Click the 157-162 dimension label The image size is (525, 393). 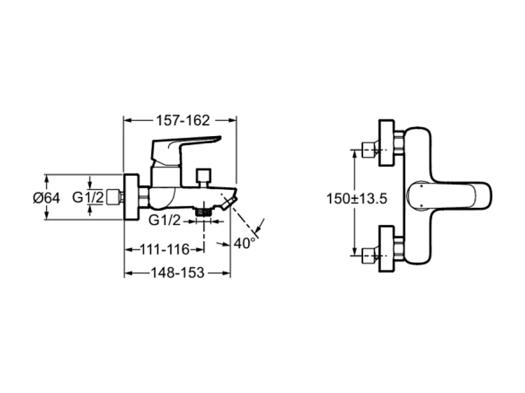pyautogui.click(x=182, y=120)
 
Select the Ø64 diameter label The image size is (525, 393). pyautogui.click(x=46, y=198)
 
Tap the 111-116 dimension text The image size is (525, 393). pyautogui.click(x=165, y=250)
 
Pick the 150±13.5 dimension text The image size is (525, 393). pyautogui.click(x=357, y=199)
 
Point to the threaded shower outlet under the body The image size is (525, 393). pyautogui.click(x=204, y=211)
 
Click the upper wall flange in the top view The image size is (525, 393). pyautogui.click(x=386, y=143)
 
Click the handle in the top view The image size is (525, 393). pyautogui.click(x=450, y=197)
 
